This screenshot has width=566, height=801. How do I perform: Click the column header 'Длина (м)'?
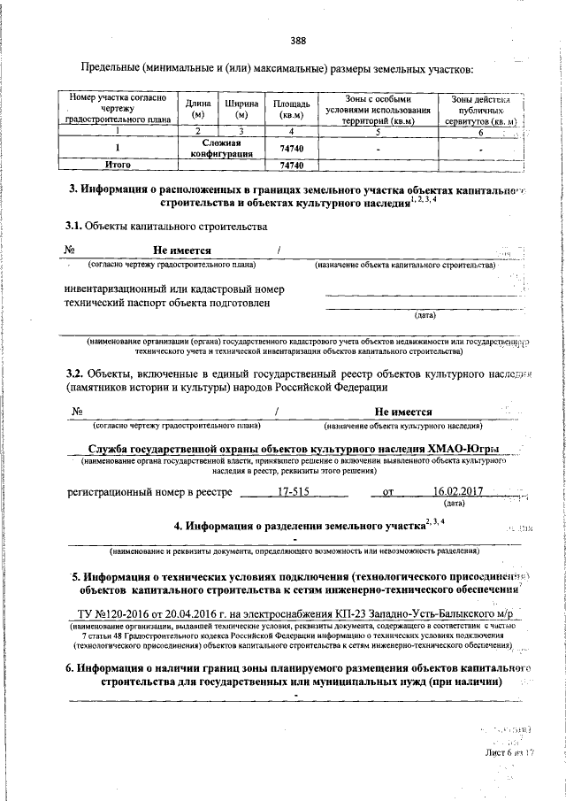click(198, 108)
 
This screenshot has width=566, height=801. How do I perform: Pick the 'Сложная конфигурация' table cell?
click(227, 148)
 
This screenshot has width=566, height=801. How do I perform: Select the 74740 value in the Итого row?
click(291, 165)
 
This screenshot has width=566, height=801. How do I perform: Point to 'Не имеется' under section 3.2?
click(402, 412)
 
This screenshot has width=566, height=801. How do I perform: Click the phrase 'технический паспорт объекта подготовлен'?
click(167, 303)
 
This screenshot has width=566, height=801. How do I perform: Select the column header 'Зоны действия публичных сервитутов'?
click(483, 108)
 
